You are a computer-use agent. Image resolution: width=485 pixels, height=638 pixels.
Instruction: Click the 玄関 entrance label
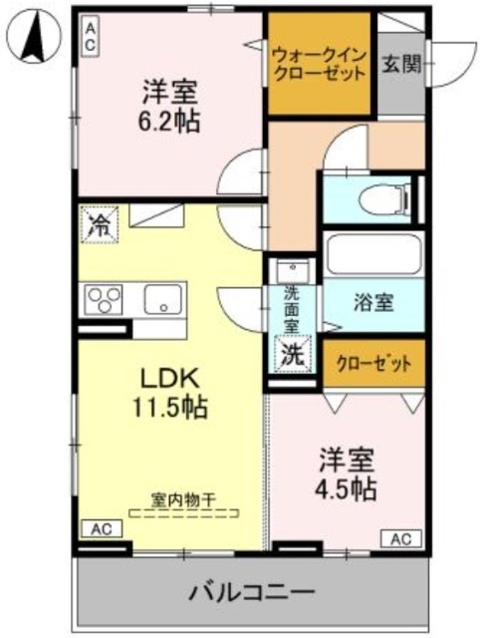[x=401, y=66]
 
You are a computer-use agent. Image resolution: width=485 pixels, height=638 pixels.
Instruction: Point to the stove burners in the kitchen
[x=104, y=299]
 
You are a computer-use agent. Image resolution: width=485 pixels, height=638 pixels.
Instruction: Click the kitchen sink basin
[x=159, y=299]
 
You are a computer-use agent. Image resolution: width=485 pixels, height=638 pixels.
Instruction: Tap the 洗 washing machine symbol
[x=291, y=353]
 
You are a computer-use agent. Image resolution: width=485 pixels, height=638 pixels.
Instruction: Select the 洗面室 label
[x=291, y=309]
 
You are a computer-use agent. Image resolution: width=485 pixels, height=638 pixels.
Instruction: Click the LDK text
[x=169, y=379]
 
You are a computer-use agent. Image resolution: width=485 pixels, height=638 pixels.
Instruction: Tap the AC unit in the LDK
[x=101, y=528]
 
